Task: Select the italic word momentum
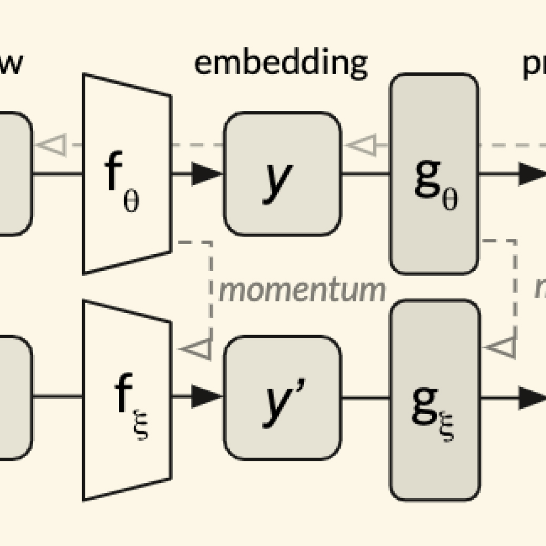(302, 290)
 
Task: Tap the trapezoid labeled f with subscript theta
(127, 174)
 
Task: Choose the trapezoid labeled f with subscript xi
(127, 400)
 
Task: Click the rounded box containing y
(282, 174)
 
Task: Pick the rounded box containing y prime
(282, 399)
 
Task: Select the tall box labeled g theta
(434, 174)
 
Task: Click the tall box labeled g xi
(434, 400)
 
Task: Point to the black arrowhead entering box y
(206, 174)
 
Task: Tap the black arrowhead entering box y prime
(206, 398)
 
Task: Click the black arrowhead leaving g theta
(532, 174)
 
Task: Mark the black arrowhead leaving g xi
(532, 398)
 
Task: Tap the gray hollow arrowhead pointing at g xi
(499, 348)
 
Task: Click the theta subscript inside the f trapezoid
(132, 201)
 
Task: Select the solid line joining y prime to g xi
(365, 398)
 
